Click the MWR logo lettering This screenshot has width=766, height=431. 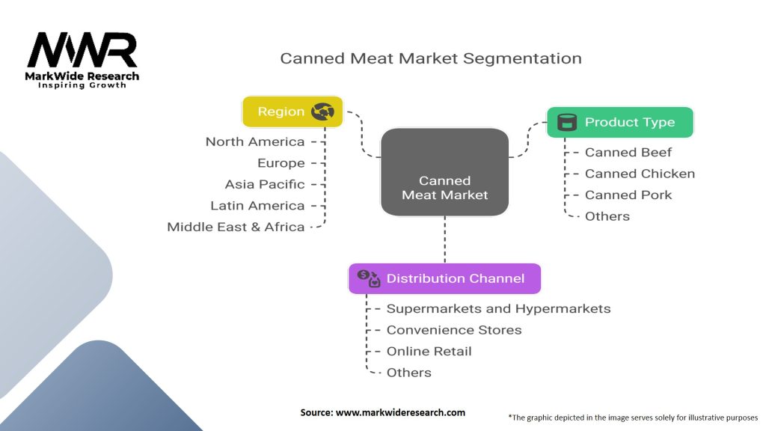[x=82, y=50]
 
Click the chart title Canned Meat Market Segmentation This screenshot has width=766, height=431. [x=431, y=58]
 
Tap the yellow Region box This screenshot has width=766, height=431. [x=292, y=111]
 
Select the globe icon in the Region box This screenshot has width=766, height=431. [x=323, y=111]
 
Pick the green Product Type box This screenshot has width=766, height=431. [x=620, y=122]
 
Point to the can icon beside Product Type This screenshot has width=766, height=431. [x=567, y=122]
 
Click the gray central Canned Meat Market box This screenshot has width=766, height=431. [x=444, y=172]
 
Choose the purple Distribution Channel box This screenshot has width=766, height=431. [x=444, y=278]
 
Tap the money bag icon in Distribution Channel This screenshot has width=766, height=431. [x=369, y=278]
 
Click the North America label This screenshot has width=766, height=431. [x=255, y=141]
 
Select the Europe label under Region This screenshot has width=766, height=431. [x=281, y=163]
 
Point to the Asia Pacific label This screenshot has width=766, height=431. [x=265, y=184]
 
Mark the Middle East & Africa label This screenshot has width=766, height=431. [x=236, y=227]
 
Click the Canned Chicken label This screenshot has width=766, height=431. [x=640, y=174]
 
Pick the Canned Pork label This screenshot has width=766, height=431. [x=628, y=195]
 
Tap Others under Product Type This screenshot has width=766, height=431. [x=607, y=216]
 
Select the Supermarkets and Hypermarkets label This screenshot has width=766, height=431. [x=498, y=309]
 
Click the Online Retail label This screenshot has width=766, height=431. [x=429, y=352]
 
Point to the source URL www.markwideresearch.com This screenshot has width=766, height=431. [x=401, y=412]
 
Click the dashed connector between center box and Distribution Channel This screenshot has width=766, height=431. [x=444, y=239]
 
